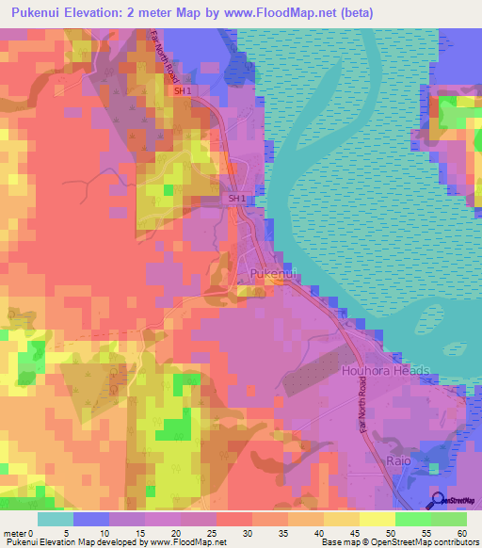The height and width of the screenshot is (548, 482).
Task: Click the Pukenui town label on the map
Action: click(x=275, y=274)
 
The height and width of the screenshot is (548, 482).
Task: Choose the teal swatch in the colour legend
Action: click(x=55, y=519)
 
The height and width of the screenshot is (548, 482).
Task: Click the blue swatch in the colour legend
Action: click(x=90, y=519)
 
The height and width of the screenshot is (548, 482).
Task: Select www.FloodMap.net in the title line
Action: click(x=277, y=13)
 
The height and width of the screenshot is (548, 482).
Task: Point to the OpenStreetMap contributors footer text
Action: click(x=431, y=542)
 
